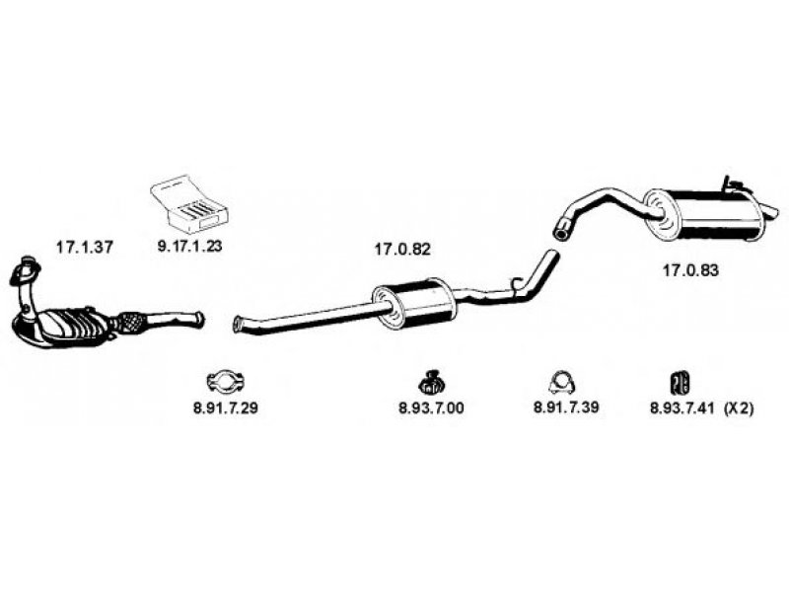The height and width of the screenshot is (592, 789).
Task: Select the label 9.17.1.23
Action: tap(188, 248)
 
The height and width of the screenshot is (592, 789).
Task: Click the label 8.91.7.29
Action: tap(226, 408)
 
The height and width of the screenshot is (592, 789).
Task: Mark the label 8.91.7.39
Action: tap(565, 408)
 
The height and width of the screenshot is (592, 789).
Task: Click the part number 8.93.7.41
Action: tap(681, 408)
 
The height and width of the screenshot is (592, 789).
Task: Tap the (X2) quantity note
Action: tap(739, 408)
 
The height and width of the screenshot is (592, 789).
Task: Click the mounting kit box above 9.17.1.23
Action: tap(189, 202)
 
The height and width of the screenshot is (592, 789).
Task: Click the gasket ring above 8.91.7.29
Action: tap(226, 381)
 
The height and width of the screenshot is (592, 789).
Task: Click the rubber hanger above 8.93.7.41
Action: tap(680, 381)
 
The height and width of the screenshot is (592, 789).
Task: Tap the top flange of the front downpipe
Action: tap(28, 264)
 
